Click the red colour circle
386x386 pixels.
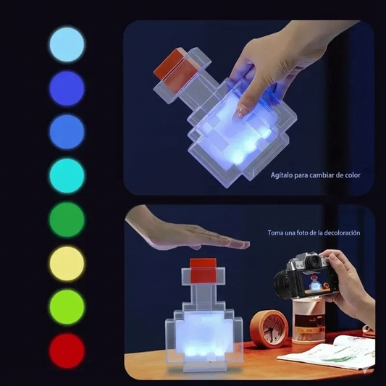pos(67,351)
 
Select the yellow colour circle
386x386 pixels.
pos(67,263)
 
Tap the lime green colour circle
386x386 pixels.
pos(67,307)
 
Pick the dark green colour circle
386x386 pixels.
pos(67,219)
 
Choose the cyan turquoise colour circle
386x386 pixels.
pos(67,176)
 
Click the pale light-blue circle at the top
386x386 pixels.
pos(67,45)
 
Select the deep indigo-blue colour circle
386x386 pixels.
pos(67,88)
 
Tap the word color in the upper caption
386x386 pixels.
pos(353,175)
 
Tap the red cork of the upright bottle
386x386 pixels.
pos(203,270)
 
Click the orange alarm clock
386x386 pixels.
pos(269,328)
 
